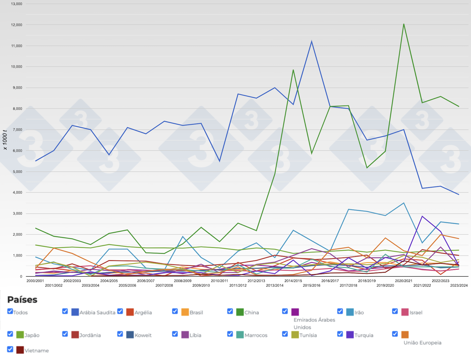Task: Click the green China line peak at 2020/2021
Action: (x=404, y=24)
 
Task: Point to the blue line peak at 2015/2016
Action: (x=312, y=42)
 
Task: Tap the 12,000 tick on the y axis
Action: (x=16, y=25)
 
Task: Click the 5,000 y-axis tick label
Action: (x=16, y=172)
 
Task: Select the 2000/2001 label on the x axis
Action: (x=35, y=281)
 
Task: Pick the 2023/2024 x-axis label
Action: (x=459, y=286)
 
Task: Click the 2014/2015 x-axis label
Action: (x=293, y=281)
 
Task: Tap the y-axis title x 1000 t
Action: (x=5, y=139)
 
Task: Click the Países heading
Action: (x=22, y=299)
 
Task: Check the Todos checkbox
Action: (x=10, y=311)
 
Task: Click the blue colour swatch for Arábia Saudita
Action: (x=75, y=312)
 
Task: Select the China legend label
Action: (x=252, y=313)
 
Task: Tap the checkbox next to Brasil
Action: (x=175, y=311)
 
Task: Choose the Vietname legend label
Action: (x=37, y=351)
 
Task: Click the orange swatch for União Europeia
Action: (x=405, y=335)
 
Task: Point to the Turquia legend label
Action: (x=364, y=335)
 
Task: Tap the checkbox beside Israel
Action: (x=395, y=311)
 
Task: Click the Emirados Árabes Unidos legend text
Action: (x=314, y=323)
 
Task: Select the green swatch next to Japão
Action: (x=20, y=335)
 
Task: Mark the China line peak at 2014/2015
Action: (x=293, y=70)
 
